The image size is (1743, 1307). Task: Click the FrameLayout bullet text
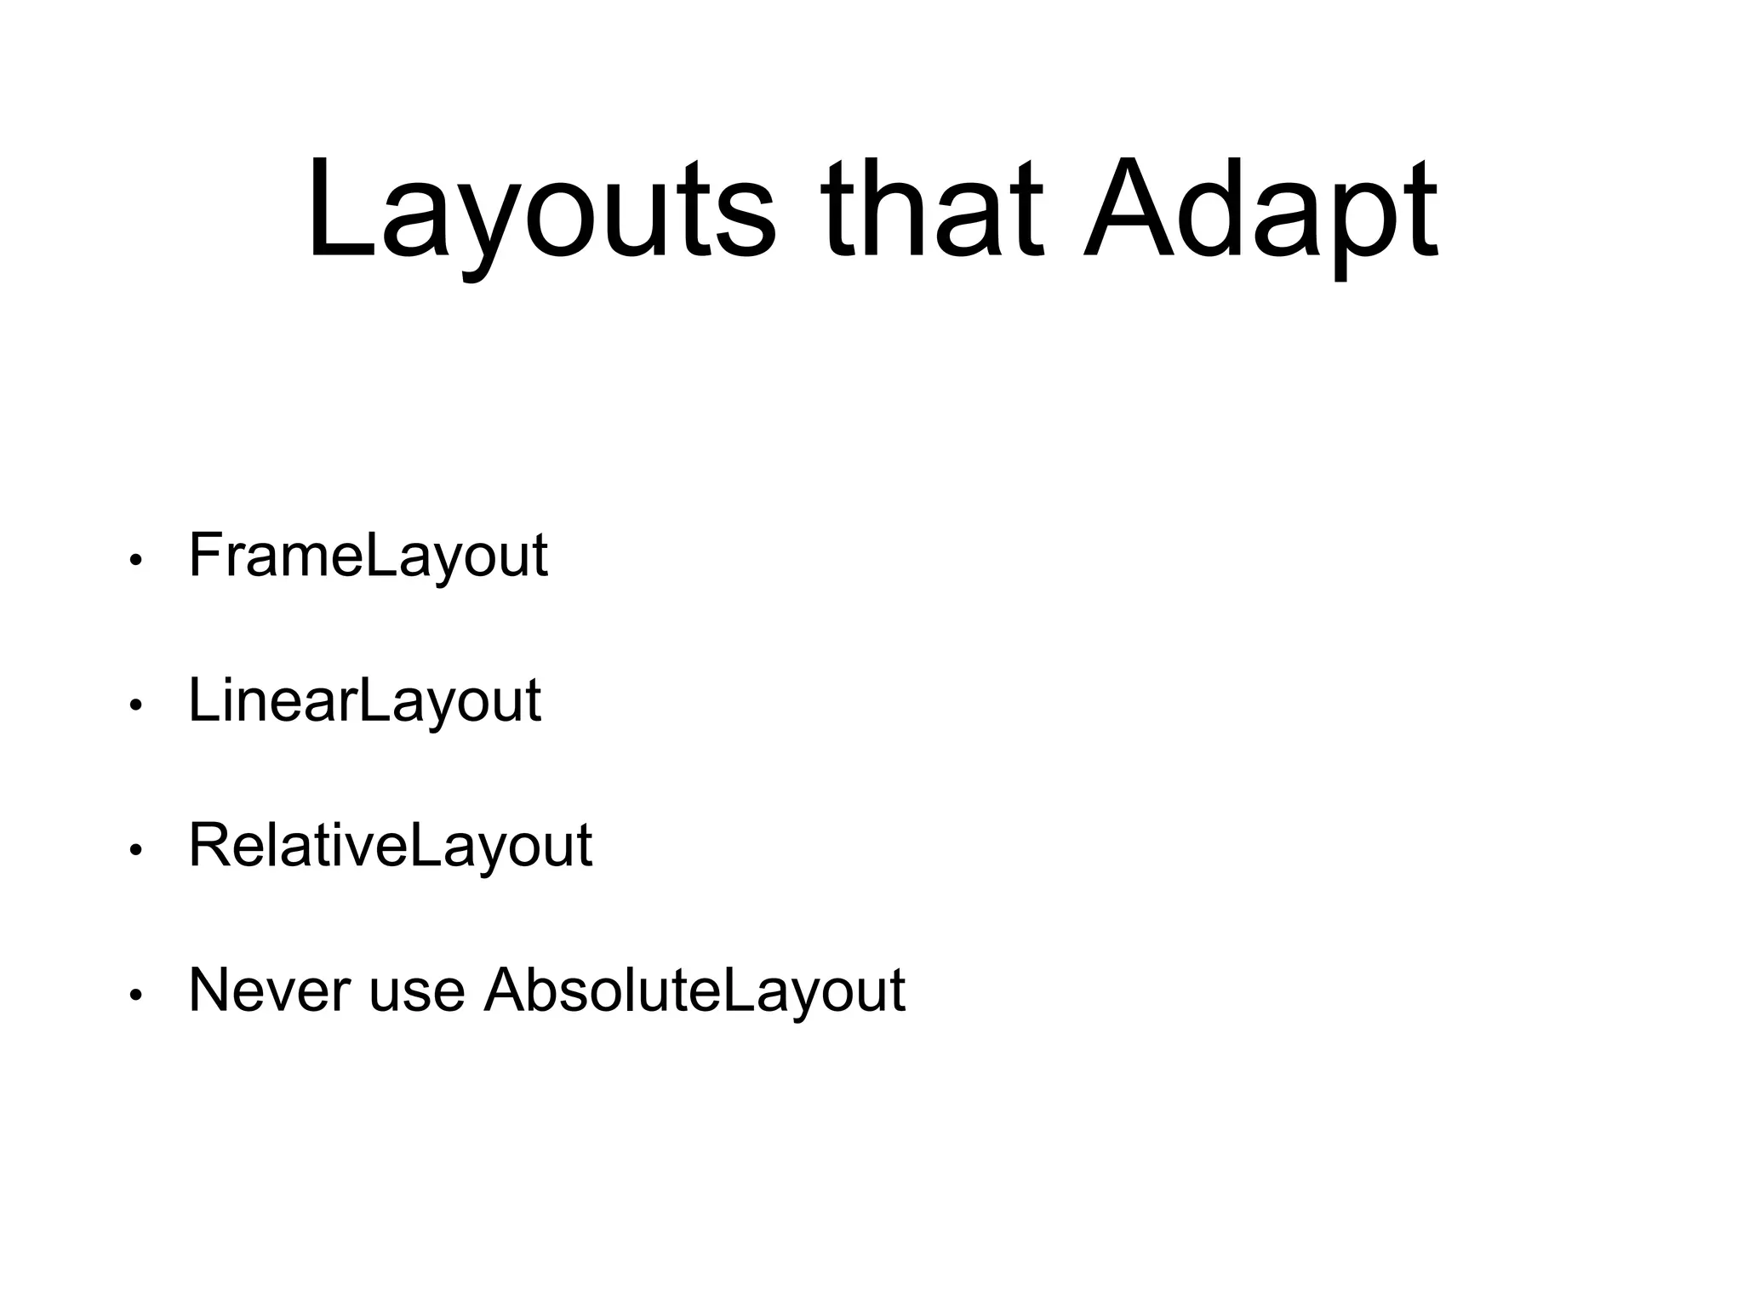pyautogui.click(x=368, y=556)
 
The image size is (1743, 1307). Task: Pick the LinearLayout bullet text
pyautogui.click(x=364, y=700)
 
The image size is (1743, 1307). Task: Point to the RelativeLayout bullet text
pyautogui.click(x=390, y=845)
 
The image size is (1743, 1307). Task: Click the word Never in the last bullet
pyautogui.click(x=269, y=990)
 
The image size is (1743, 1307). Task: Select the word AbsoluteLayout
pyautogui.click(x=694, y=990)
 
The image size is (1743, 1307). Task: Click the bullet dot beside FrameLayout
pyautogui.click(x=134, y=561)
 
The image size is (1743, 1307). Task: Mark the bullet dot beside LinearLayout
pyautogui.click(x=134, y=705)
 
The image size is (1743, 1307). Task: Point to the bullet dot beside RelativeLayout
pyautogui.click(x=134, y=850)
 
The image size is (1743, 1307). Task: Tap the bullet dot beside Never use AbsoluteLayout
pyautogui.click(x=134, y=995)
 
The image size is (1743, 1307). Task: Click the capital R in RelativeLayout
pyautogui.click(x=209, y=845)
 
